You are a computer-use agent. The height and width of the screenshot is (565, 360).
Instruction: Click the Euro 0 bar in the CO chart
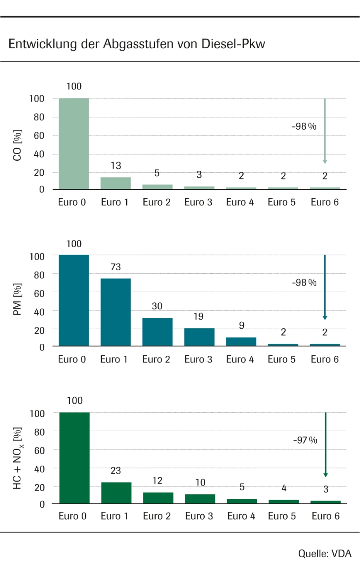[x=74, y=143]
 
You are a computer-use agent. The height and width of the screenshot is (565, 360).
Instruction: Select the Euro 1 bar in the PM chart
[x=116, y=312]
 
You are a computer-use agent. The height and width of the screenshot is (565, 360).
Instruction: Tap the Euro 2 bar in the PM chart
[x=157, y=332]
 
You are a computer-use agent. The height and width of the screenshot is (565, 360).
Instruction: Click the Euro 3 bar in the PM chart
[x=199, y=337]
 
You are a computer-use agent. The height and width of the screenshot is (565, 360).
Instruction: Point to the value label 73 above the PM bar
[x=116, y=267]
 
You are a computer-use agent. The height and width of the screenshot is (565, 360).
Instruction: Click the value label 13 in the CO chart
[x=116, y=166]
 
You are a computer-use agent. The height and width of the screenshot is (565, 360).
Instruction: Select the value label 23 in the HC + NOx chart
[x=116, y=471]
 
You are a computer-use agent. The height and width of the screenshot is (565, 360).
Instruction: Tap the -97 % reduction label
[x=305, y=440]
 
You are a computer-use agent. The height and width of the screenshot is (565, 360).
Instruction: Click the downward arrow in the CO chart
[x=325, y=131]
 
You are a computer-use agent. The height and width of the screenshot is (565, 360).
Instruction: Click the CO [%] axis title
[x=18, y=144]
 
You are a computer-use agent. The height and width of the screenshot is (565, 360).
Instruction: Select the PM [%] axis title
[x=18, y=301]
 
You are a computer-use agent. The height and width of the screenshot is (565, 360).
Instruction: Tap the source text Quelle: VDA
[x=325, y=553]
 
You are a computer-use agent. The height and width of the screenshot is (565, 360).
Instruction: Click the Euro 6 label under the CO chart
[x=325, y=202]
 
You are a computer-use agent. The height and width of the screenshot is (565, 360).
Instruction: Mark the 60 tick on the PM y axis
[x=39, y=292]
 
